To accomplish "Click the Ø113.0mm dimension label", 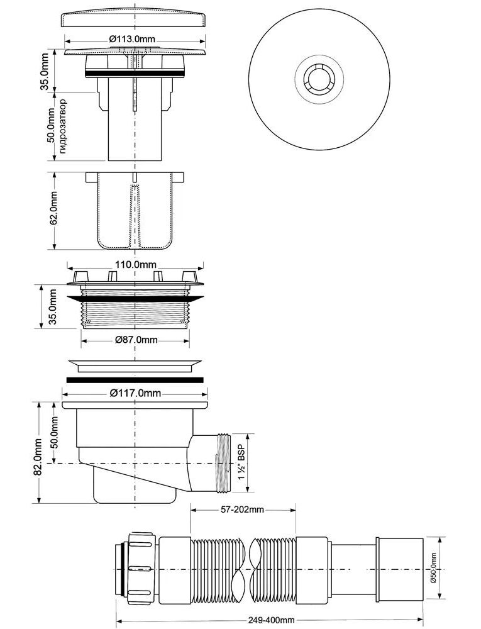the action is tap(132, 39).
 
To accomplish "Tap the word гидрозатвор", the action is tap(62, 126).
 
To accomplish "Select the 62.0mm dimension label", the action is tap(53, 211).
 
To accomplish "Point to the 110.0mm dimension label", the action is tap(136, 265).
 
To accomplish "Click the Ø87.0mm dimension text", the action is tap(136, 340).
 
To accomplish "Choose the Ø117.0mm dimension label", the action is tap(135, 392).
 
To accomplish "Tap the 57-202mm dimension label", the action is tap(243, 509).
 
